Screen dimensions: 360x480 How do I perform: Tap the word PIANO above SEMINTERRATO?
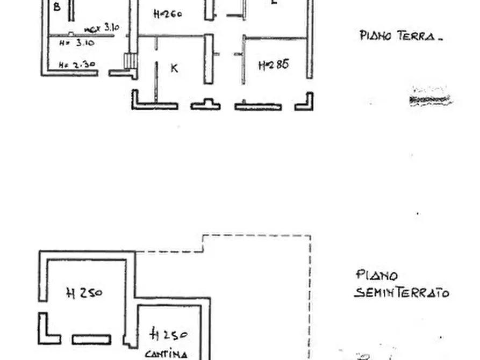coord(377,276)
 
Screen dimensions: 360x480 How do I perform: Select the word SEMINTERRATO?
coord(402,293)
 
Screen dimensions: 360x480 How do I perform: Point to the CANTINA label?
coord(166,354)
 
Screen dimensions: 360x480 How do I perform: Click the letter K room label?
coord(174,68)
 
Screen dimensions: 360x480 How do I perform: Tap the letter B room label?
coord(57,8)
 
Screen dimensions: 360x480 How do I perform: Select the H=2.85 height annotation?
coord(274,65)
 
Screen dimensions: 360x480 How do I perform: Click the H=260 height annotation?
coord(168,14)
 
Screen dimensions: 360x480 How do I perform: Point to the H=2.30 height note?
coord(77,65)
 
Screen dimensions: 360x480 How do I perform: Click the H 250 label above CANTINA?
coord(168,335)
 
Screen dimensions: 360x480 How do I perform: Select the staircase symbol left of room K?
coord(131,60)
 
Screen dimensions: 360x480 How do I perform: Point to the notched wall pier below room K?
coord(205,104)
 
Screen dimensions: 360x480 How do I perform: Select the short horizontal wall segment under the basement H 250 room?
coord(91,340)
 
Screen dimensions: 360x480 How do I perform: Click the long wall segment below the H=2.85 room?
coord(258,106)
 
